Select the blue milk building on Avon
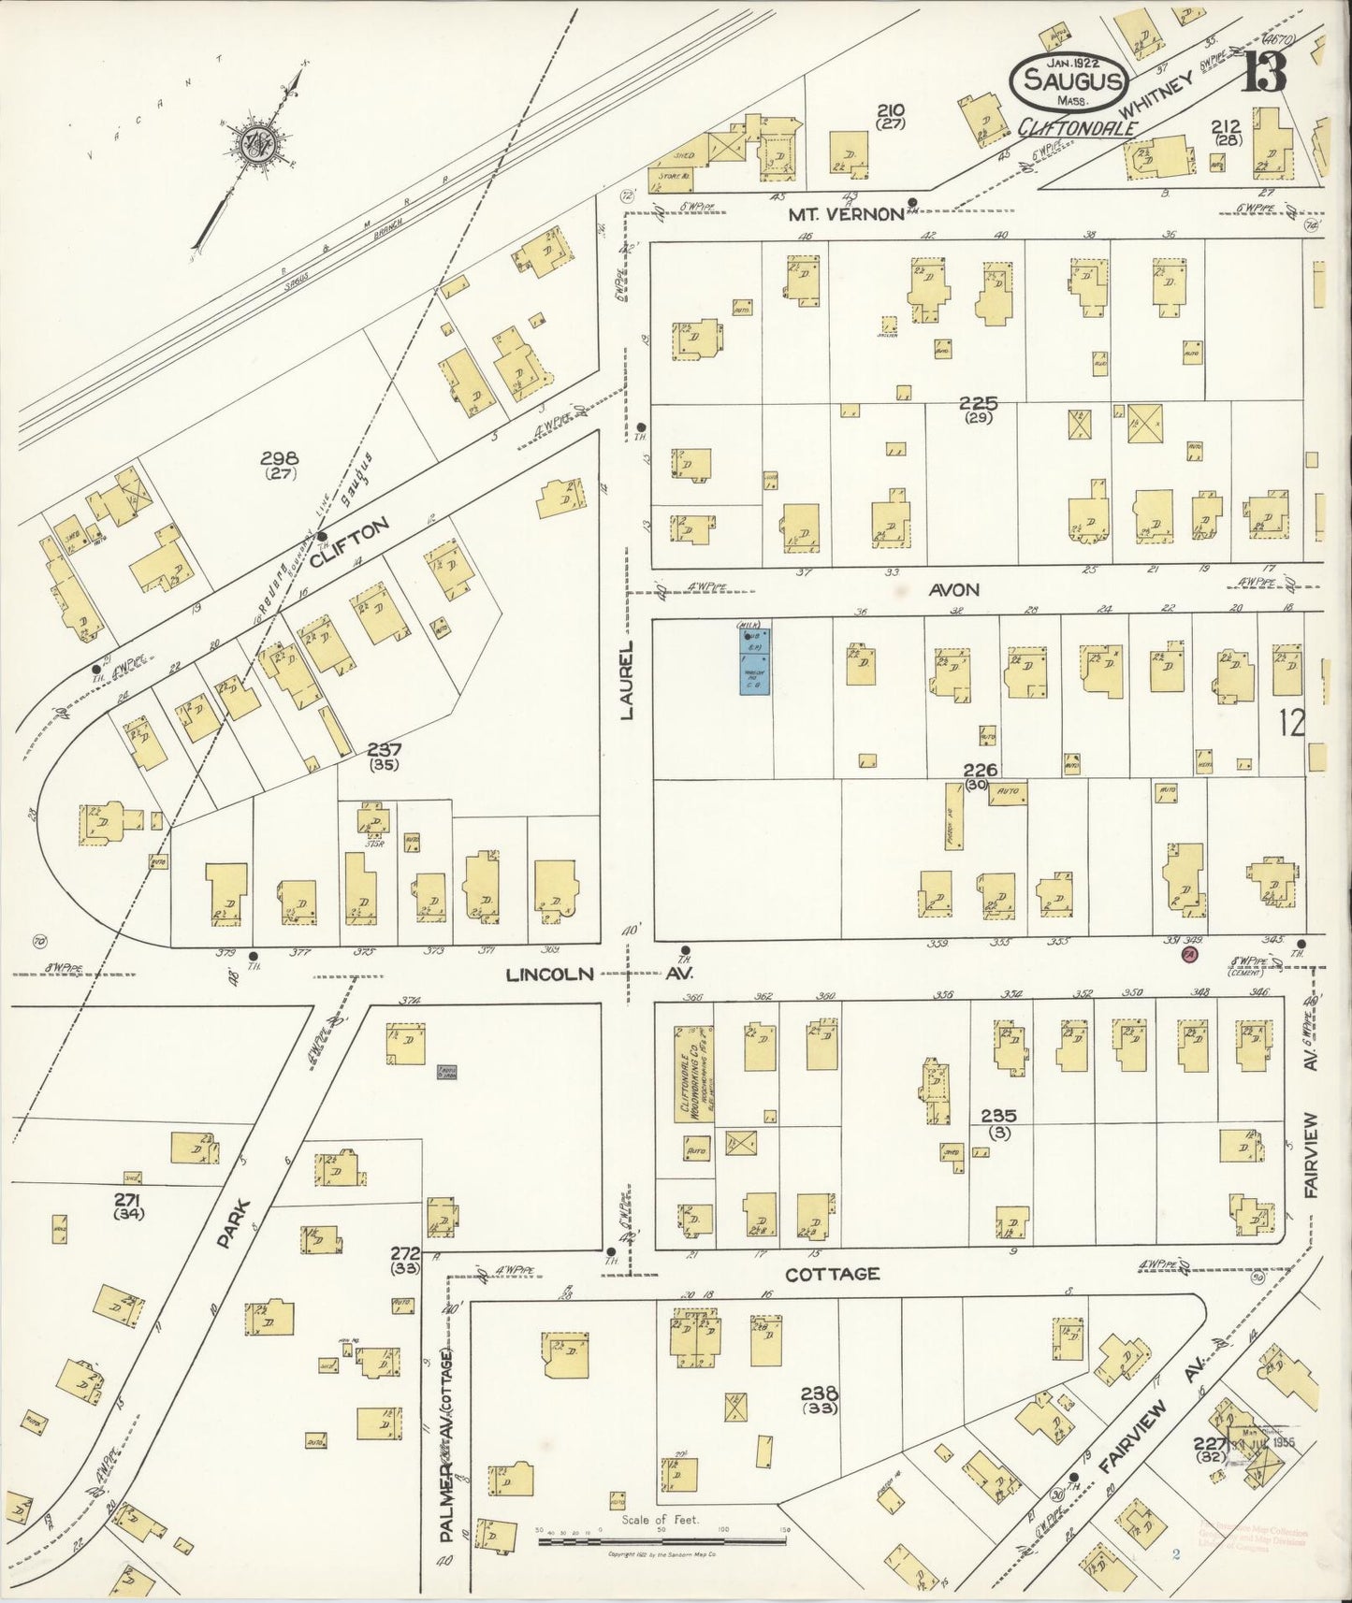point(755,660)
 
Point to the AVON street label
point(954,590)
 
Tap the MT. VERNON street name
point(845,214)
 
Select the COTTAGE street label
point(832,1275)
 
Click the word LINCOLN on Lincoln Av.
point(549,975)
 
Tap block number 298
point(279,458)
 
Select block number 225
point(978,404)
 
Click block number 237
point(384,749)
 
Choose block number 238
point(819,1393)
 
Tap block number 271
point(127,1201)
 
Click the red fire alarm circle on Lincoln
point(1189,955)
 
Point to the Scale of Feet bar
point(662,1538)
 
